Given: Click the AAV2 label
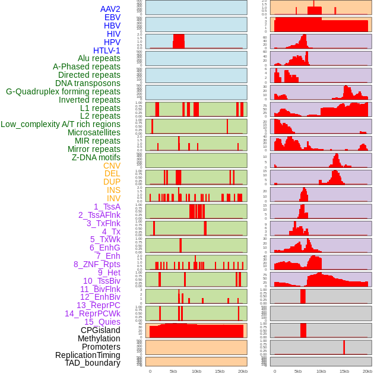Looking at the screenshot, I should (110, 9).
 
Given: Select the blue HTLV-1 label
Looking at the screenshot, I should (107, 50).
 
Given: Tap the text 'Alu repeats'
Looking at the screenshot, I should (99, 58).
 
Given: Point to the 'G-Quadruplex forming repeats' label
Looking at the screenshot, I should (63, 91).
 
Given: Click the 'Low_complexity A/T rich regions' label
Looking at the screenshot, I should (61, 124).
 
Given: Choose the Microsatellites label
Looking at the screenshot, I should (94, 132).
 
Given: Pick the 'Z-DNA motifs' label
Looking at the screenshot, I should (96, 157).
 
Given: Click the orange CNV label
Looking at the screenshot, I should (112, 166).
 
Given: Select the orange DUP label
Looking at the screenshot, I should (112, 182).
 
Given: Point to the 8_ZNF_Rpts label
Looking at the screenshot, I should (97, 264).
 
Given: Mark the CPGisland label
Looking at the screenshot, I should (100, 330).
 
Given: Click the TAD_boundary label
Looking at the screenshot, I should (93, 363).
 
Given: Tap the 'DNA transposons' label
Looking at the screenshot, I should (88, 83).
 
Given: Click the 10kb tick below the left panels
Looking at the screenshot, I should (196, 371).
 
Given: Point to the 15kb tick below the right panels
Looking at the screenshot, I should (344, 371).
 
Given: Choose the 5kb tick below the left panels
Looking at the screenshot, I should (173, 371).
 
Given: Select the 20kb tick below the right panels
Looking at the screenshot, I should (367, 371).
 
